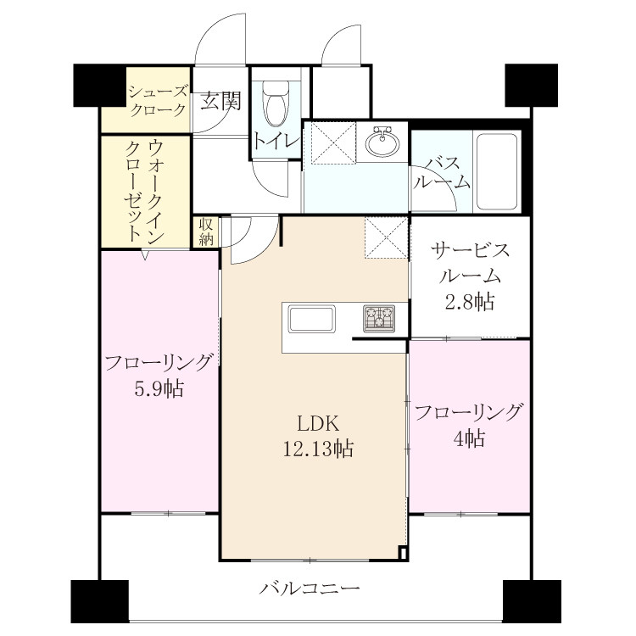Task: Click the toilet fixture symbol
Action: [x=276, y=103]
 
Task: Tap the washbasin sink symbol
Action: [x=382, y=141]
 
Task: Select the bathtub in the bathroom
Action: [x=497, y=170]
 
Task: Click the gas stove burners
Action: [x=379, y=318]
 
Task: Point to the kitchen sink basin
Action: [x=311, y=318]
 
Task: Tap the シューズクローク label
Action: [x=158, y=101]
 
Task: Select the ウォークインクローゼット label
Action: [x=145, y=190]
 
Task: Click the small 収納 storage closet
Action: [x=206, y=232]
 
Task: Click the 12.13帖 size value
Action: [x=318, y=449]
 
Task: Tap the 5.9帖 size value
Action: [x=159, y=389]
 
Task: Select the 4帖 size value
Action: [x=469, y=438]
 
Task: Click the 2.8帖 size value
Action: [x=470, y=301]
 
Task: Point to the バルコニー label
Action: [x=310, y=589]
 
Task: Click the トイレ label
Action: [x=277, y=142]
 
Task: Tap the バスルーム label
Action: [x=441, y=173]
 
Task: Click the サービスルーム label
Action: [x=470, y=263]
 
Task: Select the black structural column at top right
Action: [x=531, y=85]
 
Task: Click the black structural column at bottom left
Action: [x=100, y=600]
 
